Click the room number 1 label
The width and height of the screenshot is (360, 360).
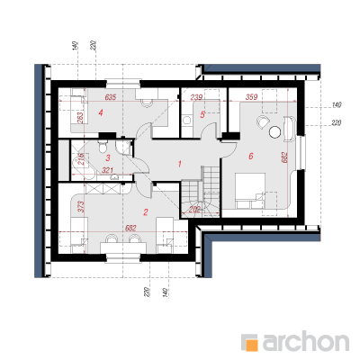180,164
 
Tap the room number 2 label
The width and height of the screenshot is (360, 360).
146,212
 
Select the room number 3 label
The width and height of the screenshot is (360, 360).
108,157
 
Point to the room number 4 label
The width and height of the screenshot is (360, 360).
101,113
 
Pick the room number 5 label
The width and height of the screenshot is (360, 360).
202,114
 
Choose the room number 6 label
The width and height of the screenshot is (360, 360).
251,156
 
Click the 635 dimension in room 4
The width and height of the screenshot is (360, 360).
110,97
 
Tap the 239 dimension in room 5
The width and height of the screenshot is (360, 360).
196,97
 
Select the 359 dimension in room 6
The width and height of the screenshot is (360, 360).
251,97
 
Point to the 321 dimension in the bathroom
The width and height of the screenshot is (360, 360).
107,170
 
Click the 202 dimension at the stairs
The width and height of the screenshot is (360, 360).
195,210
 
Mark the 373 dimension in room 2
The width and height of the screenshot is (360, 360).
81,207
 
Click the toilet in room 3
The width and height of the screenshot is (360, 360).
103,145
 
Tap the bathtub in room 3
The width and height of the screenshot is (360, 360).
84,165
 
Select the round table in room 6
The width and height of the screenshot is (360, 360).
274,131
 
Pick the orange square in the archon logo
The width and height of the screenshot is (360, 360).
253,345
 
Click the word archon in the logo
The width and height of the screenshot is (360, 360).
306,341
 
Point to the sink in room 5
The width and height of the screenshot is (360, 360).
187,121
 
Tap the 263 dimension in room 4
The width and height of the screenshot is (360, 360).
80,118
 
